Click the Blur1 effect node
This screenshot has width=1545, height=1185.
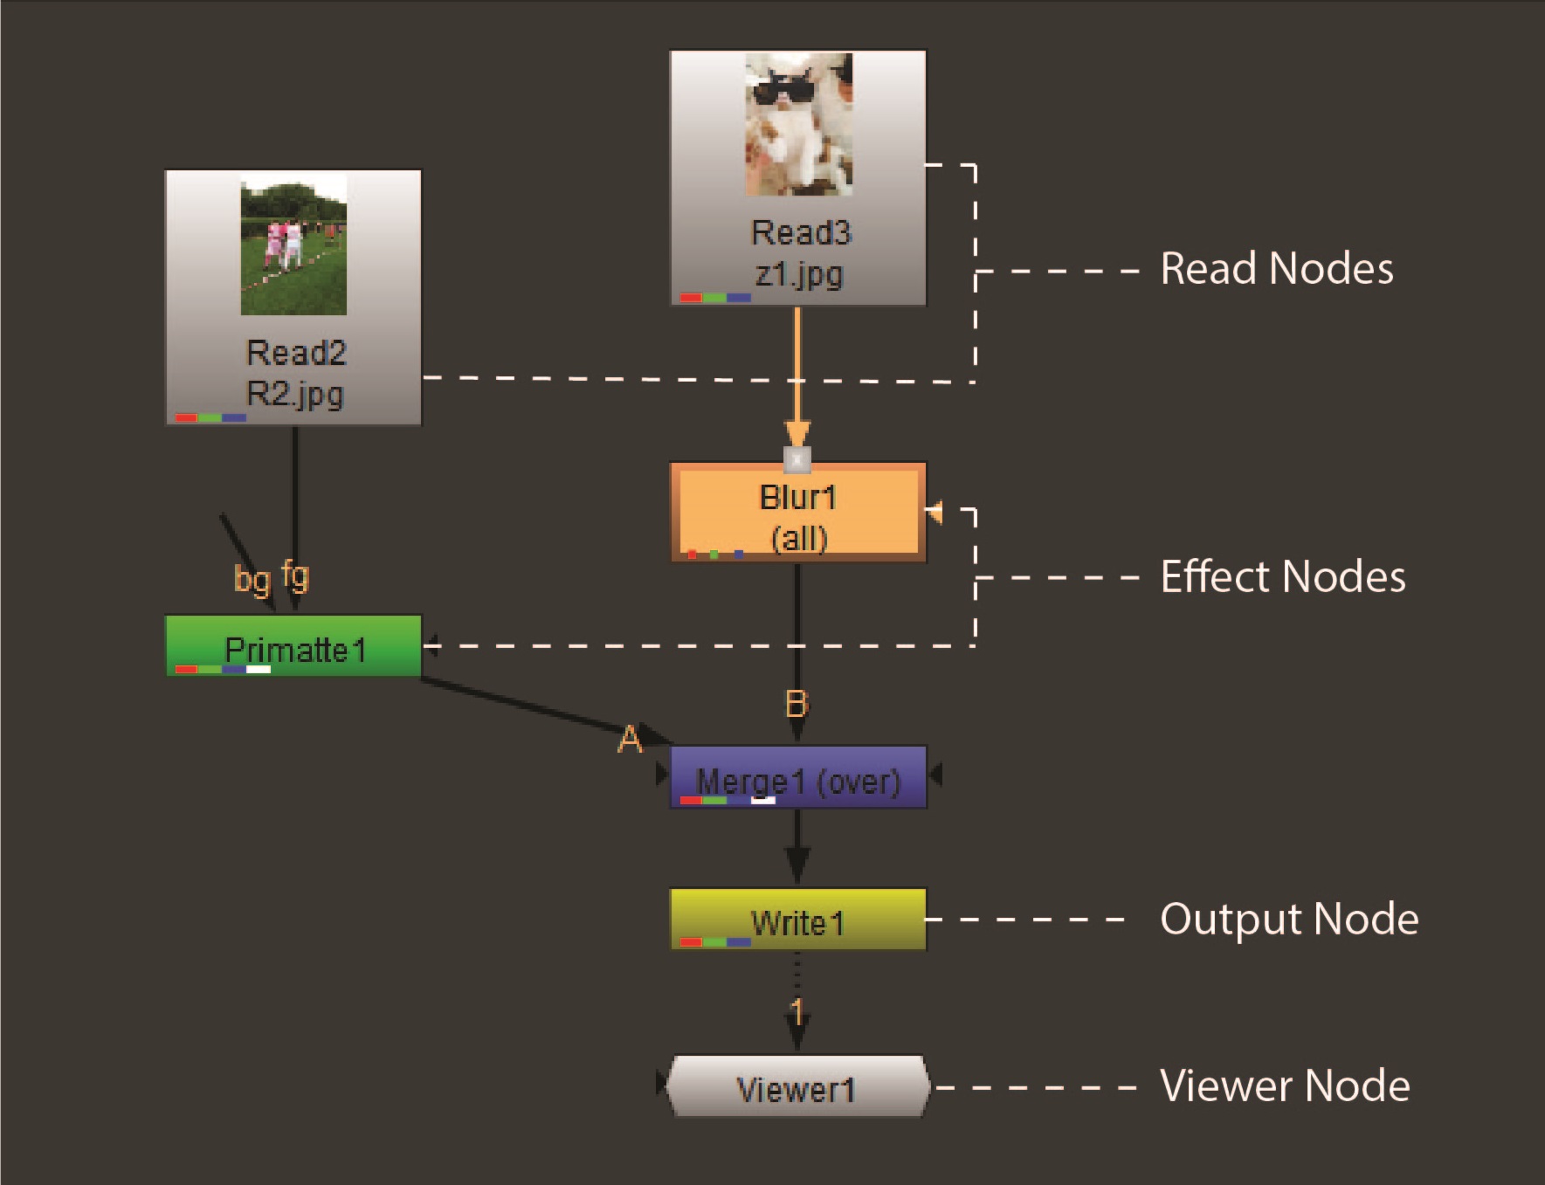click(797, 513)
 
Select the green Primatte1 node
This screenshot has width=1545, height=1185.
click(293, 646)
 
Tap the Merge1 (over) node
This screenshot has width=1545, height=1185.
click(797, 777)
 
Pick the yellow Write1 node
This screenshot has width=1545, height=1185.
click(797, 920)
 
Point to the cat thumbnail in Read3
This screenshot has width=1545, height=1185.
click(798, 124)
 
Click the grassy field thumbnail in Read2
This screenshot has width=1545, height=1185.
click(293, 245)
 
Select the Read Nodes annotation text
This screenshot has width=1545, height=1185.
click(1276, 269)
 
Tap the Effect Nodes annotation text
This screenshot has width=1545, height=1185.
click(1282, 577)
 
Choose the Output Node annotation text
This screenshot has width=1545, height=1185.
click(1288, 920)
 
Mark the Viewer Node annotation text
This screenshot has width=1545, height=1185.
click(1284, 1086)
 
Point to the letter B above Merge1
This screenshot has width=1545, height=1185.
click(797, 704)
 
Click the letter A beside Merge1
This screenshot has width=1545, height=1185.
click(630, 740)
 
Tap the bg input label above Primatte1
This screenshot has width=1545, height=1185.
click(252, 579)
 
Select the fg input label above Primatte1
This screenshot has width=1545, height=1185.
click(295, 575)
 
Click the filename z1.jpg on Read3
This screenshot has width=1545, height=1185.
click(799, 274)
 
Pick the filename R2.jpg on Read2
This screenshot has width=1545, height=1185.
click(295, 394)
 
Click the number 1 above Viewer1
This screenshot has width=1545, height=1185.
click(797, 1012)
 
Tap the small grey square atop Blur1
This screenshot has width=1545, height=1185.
click(797, 458)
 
